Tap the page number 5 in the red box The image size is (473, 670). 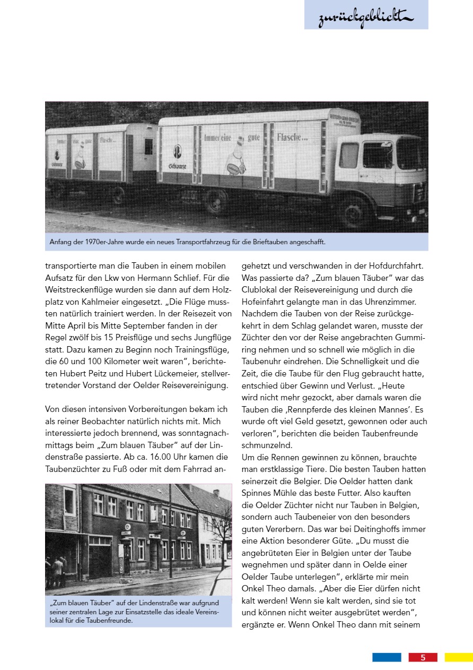pyautogui.click(x=423, y=657)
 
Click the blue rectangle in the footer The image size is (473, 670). pyautogui.click(x=387, y=657)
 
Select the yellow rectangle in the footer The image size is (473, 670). pyautogui.click(x=459, y=657)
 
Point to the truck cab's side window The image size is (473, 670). pyautogui.click(x=376, y=154)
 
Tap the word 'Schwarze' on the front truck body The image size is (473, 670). pyautogui.click(x=178, y=167)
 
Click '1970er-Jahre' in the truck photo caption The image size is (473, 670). pyautogui.click(x=98, y=242)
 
